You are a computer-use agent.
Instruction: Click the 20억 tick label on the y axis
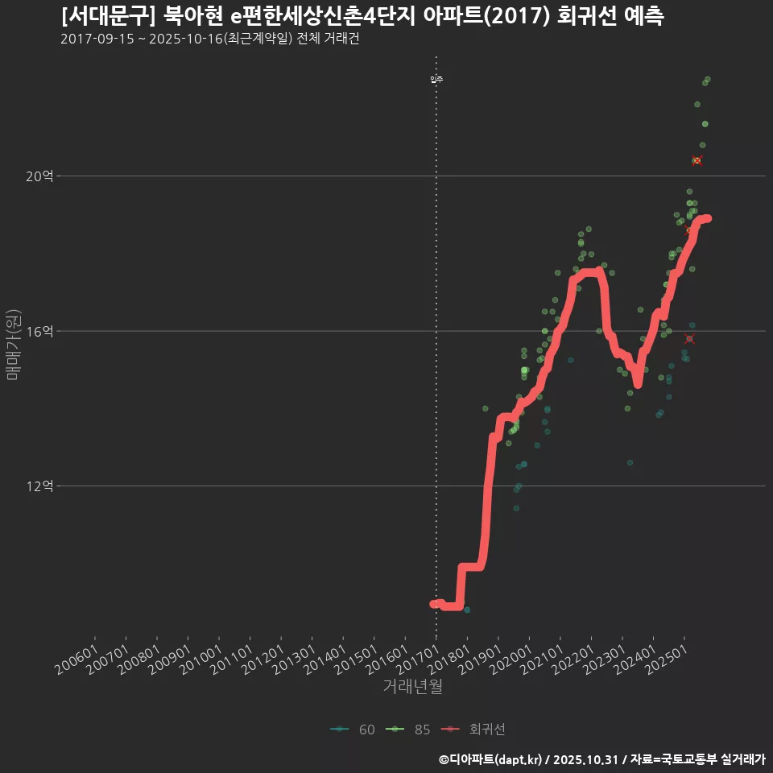click(x=39, y=176)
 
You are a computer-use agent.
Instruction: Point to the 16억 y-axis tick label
click(x=39, y=331)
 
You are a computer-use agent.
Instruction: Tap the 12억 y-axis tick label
click(x=39, y=486)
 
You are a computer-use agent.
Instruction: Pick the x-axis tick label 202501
click(x=667, y=661)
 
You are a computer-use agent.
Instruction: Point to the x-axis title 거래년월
click(x=412, y=687)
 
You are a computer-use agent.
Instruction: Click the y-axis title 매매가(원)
click(x=13, y=345)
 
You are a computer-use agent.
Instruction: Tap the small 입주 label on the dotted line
click(x=436, y=79)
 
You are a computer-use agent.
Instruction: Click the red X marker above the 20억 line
click(x=697, y=161)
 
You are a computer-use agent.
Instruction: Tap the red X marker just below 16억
click(x=688, y=339)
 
